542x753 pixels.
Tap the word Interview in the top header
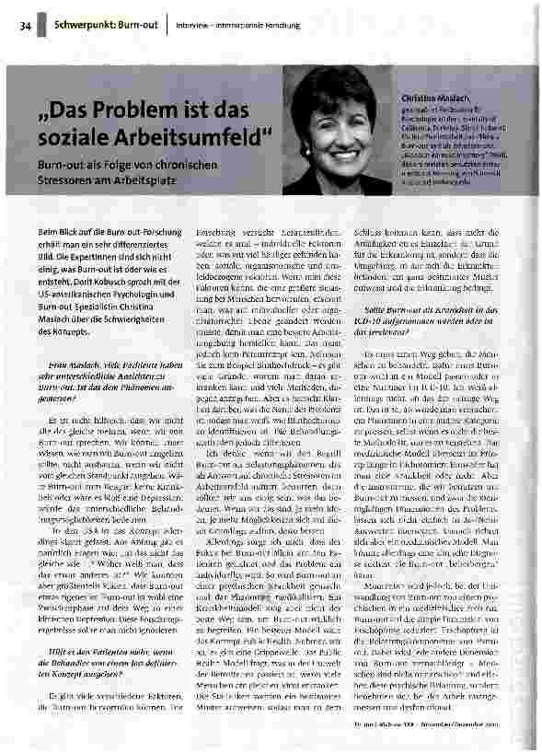[x=196, y=25]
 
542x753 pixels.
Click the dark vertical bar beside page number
[x=42, y=24]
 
